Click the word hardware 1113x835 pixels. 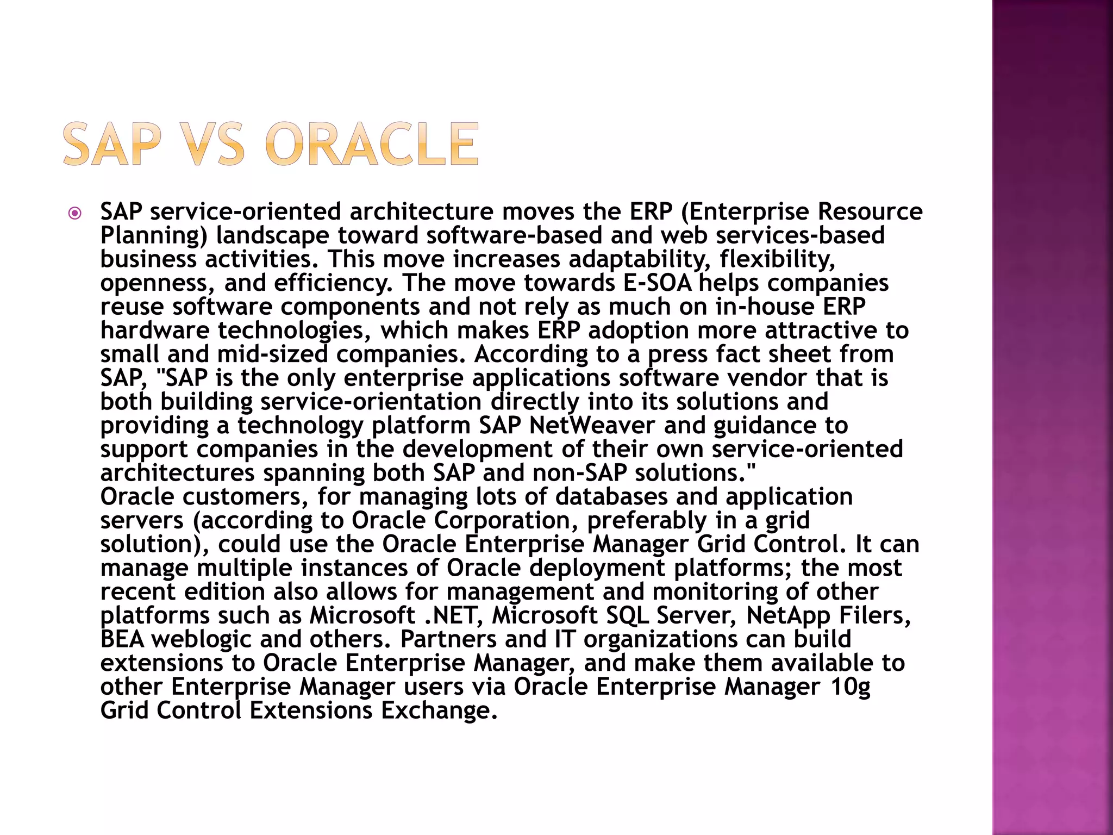(x=154, y=331)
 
